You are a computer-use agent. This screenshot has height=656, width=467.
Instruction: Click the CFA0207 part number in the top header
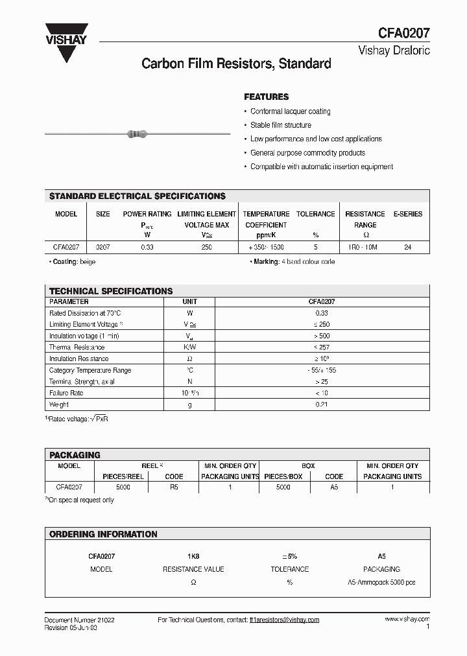404,34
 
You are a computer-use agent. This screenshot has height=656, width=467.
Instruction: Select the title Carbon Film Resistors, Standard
236,64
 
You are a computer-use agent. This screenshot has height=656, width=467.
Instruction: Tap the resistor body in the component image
137,134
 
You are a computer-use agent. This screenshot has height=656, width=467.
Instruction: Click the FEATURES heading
266,97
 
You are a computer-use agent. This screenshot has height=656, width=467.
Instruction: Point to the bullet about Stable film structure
281,125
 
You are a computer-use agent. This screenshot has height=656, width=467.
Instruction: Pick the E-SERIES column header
407,214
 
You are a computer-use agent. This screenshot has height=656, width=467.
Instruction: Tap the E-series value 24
407,248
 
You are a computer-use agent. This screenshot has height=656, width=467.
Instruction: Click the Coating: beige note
73,262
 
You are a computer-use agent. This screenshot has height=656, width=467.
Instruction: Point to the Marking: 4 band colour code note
293,262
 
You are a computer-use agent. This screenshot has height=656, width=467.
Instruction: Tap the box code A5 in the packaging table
334,486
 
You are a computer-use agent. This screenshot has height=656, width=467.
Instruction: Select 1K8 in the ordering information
193,556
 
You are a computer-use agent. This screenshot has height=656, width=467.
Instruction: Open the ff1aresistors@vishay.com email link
284,620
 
